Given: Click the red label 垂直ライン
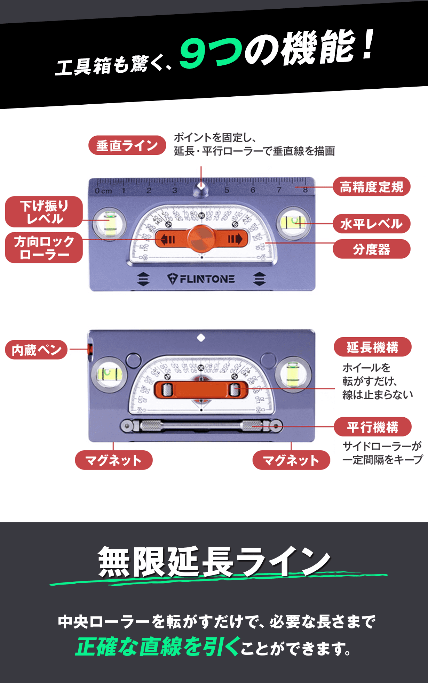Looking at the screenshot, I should pos(127,145).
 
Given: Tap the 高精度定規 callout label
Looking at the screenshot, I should pos(371,187).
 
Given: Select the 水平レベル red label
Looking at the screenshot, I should pos(371,224).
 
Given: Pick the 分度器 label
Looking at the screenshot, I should pos(371,249).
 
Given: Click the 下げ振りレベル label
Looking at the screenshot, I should pos(44,212).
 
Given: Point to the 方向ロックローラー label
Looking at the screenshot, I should pos(44,248).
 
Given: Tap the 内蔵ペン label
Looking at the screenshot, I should pos(36,349).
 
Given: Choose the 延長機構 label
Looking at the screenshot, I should pos(372,347).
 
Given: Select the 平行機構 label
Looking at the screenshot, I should pos(372,427).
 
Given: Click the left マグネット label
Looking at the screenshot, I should pos(113,460).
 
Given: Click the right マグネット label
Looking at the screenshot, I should pos(291,460).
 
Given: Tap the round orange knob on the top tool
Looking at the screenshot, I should pos(201,239).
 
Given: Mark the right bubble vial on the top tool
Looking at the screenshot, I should pos(293,222).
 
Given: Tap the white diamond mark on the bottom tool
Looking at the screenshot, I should pos(201,338).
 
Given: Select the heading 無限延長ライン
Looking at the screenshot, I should pos(214,562).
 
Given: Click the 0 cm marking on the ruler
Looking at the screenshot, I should pos(103,191).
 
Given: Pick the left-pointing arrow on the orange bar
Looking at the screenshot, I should pos(167,239).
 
